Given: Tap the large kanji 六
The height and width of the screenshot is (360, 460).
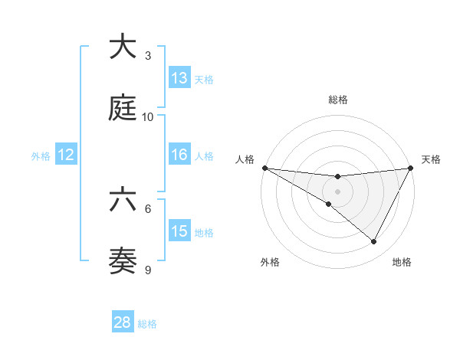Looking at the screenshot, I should tap(123, 200).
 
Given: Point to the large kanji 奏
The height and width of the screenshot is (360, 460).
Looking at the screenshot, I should tap(123, 261).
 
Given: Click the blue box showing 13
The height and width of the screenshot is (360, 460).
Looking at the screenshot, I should tap(179, 78).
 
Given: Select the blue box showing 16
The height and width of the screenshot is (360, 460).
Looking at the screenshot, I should tap(179, 155).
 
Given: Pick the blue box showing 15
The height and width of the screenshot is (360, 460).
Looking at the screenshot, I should tap(179, 231).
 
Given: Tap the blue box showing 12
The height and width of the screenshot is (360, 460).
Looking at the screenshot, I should tap(66, 155).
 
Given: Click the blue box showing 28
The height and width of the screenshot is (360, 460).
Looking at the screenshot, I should tap(123, 322).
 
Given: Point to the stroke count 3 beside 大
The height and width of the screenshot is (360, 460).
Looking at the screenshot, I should tap(148, 56).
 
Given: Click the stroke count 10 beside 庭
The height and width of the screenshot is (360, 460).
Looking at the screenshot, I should tap(148, 117).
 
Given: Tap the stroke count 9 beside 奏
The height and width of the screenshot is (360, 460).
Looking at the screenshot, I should tap(148, 270).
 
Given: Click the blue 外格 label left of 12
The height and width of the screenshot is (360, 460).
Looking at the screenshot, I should tap(41, 155).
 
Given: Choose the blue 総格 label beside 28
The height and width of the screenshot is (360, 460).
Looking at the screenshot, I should tap(147, 324).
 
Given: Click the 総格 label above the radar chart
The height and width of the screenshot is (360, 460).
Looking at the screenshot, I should tap(337, 100).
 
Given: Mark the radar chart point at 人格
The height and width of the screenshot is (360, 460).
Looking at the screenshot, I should tap(264, 168).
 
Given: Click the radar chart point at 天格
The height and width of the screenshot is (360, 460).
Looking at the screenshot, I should tap(411, 168).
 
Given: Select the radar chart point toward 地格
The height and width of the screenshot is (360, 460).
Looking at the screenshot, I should tap(374, 242).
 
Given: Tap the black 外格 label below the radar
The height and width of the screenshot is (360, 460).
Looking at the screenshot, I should tap(271, 262).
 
